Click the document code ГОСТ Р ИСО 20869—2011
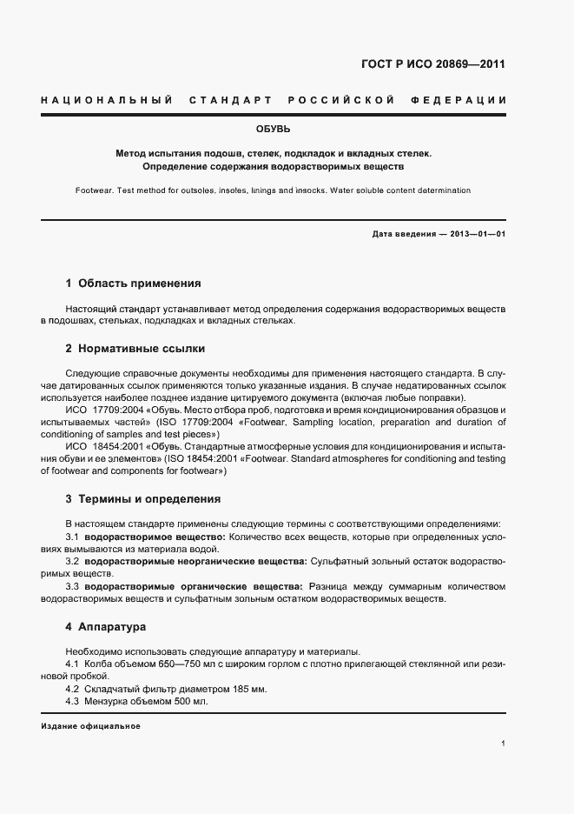(432, 63)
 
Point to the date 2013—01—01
(477, 234)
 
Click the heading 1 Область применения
(133, 283)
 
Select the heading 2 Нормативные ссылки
(135, 348)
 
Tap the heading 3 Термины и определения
(142, 499)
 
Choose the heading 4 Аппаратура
(105, 626)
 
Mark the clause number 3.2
(73, 563)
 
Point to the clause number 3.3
(73, 587)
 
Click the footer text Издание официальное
(90, 726)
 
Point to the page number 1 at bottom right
(504, 744)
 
